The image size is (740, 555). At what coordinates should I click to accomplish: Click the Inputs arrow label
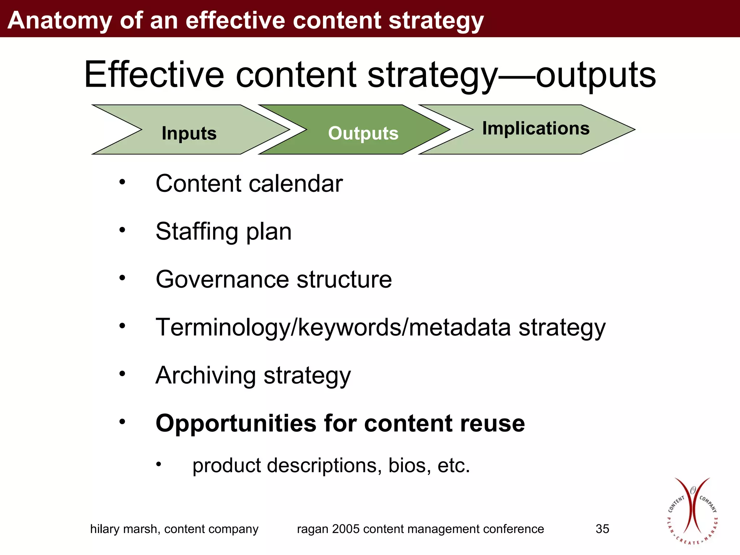(189, 133)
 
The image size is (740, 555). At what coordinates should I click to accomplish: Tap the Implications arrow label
(536, 128)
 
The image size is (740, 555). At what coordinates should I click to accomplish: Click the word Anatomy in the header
(60, 20)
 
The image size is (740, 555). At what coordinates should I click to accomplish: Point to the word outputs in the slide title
(596, 75)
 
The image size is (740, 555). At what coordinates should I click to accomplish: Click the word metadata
(460, 327)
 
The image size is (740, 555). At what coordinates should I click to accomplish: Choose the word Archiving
(206, 375)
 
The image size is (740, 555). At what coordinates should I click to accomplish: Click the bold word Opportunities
(236, 423)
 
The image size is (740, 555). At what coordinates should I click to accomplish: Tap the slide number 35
(602, 529)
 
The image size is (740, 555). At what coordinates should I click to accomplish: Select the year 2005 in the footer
(346, 529)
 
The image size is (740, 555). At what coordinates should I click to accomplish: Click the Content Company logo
(692, 511)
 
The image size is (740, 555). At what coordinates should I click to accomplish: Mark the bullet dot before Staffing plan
(122, 230)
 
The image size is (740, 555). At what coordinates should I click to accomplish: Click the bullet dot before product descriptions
(158, 464)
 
